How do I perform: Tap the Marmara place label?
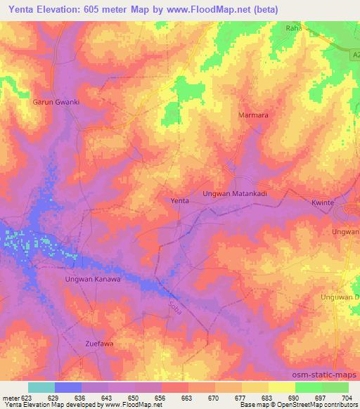coord(254,115)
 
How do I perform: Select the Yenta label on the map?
coord(180,201)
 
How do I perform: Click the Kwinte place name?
coord(323,202)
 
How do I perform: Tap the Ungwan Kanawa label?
coord(93,279)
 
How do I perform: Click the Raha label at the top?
coord(294,27)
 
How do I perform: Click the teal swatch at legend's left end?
coord(41,387)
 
